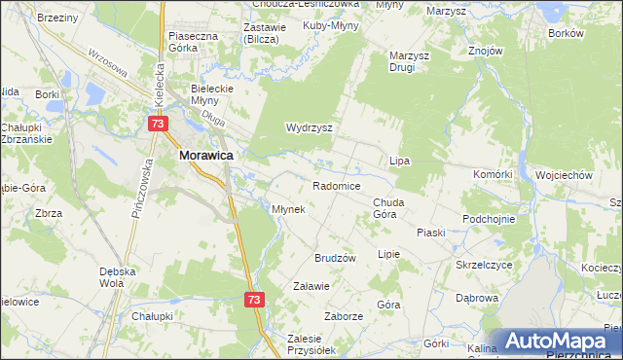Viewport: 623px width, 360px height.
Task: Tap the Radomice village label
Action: [x=337, y=186]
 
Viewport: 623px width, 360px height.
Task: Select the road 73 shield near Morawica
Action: [x=159, y=125]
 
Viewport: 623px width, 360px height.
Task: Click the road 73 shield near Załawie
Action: [x=253, y=302]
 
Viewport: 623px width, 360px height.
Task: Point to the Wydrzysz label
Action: [x=310, y=127]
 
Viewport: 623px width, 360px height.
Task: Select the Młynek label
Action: [x=289, y=209]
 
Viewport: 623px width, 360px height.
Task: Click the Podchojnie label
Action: [x=489, y=219]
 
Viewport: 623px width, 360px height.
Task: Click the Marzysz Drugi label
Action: [x=410, y=62]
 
